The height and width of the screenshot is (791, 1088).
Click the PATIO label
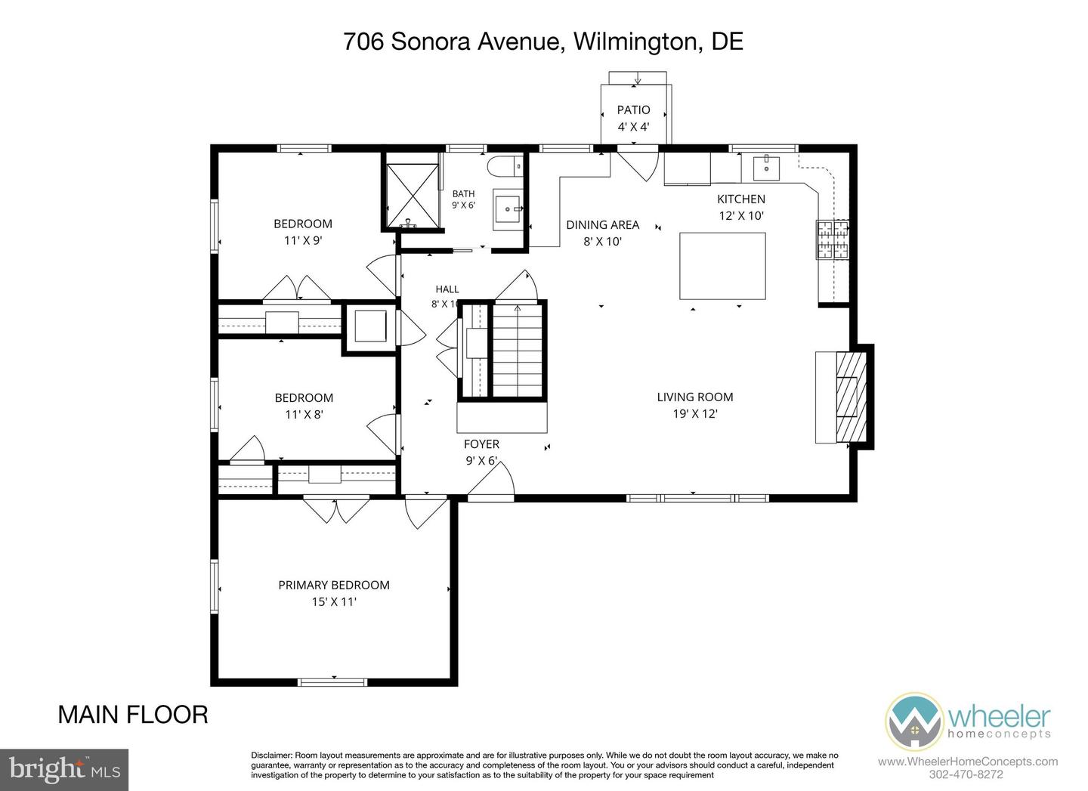(633, 110)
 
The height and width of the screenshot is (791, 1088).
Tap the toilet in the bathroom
(505, 166)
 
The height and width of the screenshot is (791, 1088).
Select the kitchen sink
(766, 168)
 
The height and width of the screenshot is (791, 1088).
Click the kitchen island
(722, 266)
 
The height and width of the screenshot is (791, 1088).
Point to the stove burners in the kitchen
(833, 239)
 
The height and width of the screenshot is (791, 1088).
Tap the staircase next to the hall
(518, 350)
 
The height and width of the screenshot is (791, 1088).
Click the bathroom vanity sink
(508, 209)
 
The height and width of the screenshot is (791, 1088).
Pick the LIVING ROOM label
(695, 397)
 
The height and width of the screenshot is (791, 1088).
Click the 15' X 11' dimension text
(334, 602)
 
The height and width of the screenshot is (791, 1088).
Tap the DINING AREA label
(603, 225)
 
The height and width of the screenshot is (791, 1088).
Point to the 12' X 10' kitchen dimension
(742, 215)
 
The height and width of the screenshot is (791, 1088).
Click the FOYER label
(481, 443)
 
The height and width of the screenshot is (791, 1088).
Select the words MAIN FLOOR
(133, 715)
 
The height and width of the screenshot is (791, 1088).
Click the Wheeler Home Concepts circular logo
(913, 721)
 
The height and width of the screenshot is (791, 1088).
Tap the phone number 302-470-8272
(966, 774)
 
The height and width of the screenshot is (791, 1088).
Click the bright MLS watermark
(64, 770)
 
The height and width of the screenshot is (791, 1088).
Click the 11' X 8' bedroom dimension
(304, 414)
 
